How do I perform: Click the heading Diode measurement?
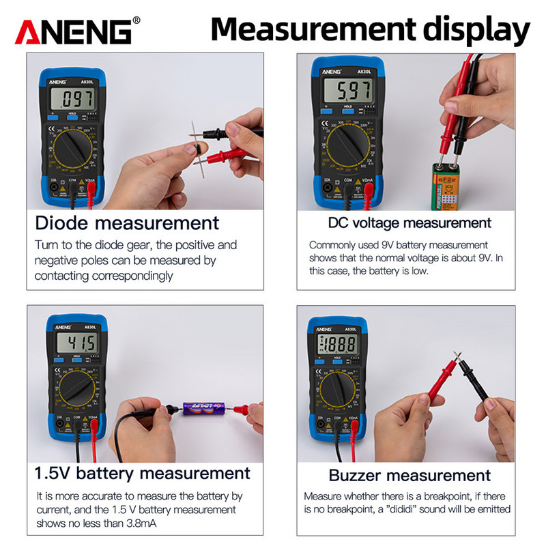tap(127, 223)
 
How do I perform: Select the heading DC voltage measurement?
tap(409, 222)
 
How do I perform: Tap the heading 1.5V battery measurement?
tap(143, 473)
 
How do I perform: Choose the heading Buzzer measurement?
tap(409, 475)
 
